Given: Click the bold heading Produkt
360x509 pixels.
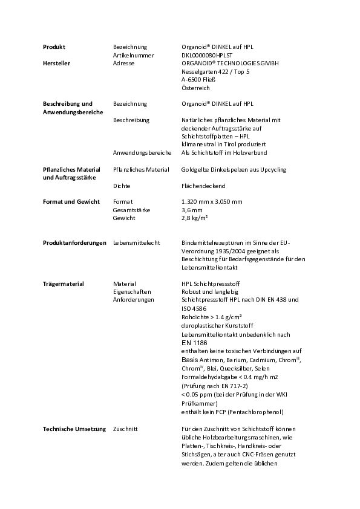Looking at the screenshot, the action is click(54, 47).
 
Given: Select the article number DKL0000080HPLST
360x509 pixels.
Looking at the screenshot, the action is click(206, 55).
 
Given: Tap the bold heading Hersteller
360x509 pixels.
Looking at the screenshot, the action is click(56, 63).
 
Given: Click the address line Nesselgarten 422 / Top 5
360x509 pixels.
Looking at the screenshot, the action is click(215, 71).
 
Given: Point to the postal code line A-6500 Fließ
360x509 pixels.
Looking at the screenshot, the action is click(198, 79).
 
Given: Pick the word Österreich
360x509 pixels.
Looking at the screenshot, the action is click(195, 88).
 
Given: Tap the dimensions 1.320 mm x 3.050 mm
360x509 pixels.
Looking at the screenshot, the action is click(212, 201).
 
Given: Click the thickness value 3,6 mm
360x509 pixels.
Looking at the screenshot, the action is click(192, 210).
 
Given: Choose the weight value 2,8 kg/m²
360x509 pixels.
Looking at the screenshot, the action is click(195, 218).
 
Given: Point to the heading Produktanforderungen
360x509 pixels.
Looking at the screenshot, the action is click(74, 242).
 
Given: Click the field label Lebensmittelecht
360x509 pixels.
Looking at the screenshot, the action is click(136, 242).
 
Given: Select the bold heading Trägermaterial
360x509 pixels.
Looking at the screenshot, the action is click(63, 284).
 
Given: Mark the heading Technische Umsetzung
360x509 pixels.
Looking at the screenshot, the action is click(74, 429).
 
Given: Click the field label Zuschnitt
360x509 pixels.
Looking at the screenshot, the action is click(125, 429).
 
